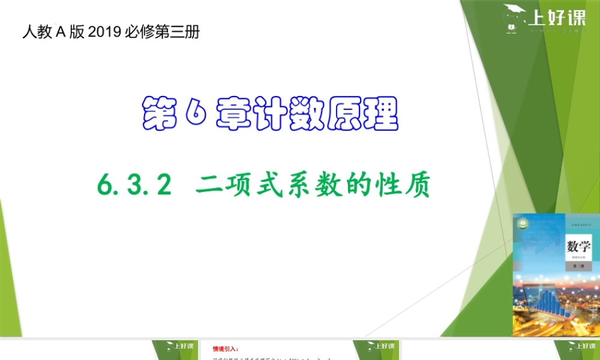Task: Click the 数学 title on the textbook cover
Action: click(x=579, y=247)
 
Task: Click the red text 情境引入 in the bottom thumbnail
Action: click(x=226, y=349)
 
